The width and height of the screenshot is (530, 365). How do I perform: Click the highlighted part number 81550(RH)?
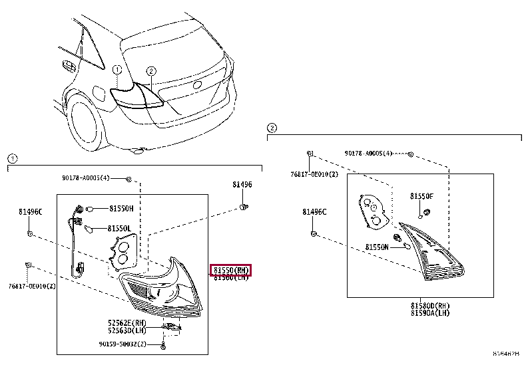[231, 270]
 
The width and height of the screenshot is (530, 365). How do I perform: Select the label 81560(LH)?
[231, 278]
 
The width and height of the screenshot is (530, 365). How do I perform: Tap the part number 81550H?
[121, 208]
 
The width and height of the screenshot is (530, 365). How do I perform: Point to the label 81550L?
[121, 229]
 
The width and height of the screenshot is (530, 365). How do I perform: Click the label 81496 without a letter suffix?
[242, 185]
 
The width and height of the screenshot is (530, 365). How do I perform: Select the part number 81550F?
[421, 197]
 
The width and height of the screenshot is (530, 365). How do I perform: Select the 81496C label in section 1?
[30, 212]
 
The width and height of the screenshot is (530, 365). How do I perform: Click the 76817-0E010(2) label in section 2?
[315, 174]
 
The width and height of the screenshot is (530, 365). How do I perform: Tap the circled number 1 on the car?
[117, 70]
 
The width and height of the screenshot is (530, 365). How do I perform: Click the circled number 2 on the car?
[151, 70]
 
